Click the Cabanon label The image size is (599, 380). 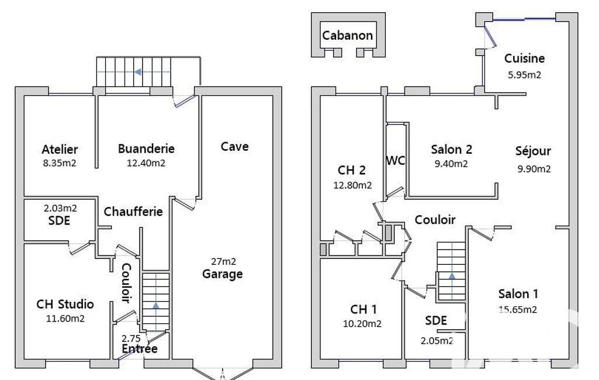pos(347,36)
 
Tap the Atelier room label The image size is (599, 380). pos(60,149)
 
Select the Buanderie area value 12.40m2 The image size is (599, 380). pos(146,163)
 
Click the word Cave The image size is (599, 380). pos(234,146)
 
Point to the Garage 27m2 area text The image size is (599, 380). pos(223,261)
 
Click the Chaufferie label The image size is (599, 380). pos(133,212)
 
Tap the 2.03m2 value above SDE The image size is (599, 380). pos(60,208)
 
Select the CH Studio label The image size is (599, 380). pos(65,304)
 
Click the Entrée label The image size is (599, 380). pos(140,348)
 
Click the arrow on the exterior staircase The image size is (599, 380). pos(138,72)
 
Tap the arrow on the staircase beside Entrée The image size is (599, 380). pos(155,305)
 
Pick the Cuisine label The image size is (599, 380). pos(525,58)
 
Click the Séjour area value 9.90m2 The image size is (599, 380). pos(534,169)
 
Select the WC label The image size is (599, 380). pos(396,161)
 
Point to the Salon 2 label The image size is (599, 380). pos(452,150)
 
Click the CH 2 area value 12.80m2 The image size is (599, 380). pos(352,185)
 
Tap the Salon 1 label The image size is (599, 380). pos(518,294)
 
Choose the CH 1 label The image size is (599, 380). pos(363,309)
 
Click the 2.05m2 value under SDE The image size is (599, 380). pos(437,341)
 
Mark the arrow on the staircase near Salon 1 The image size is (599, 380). pos(452,275)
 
